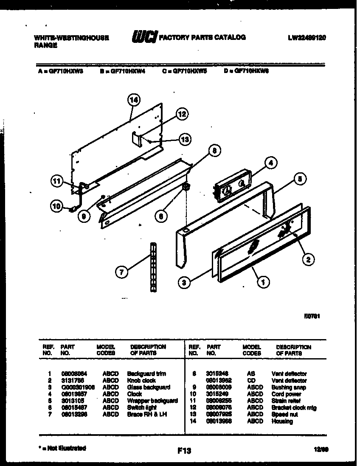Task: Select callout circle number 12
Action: coord(182,114)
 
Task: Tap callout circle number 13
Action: coord(185,139)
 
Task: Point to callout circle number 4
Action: coord(270,162)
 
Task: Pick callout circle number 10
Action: coord(56,207)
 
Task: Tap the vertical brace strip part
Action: coord(152,267)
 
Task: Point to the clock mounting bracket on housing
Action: coord(135,138)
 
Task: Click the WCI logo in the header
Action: coord(144,37)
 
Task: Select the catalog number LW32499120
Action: coord(307,37)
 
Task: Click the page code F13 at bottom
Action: coord(183,451)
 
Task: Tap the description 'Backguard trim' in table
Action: coord(146,374)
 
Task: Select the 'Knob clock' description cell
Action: coord(141,381)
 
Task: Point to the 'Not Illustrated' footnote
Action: coord(62,448)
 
